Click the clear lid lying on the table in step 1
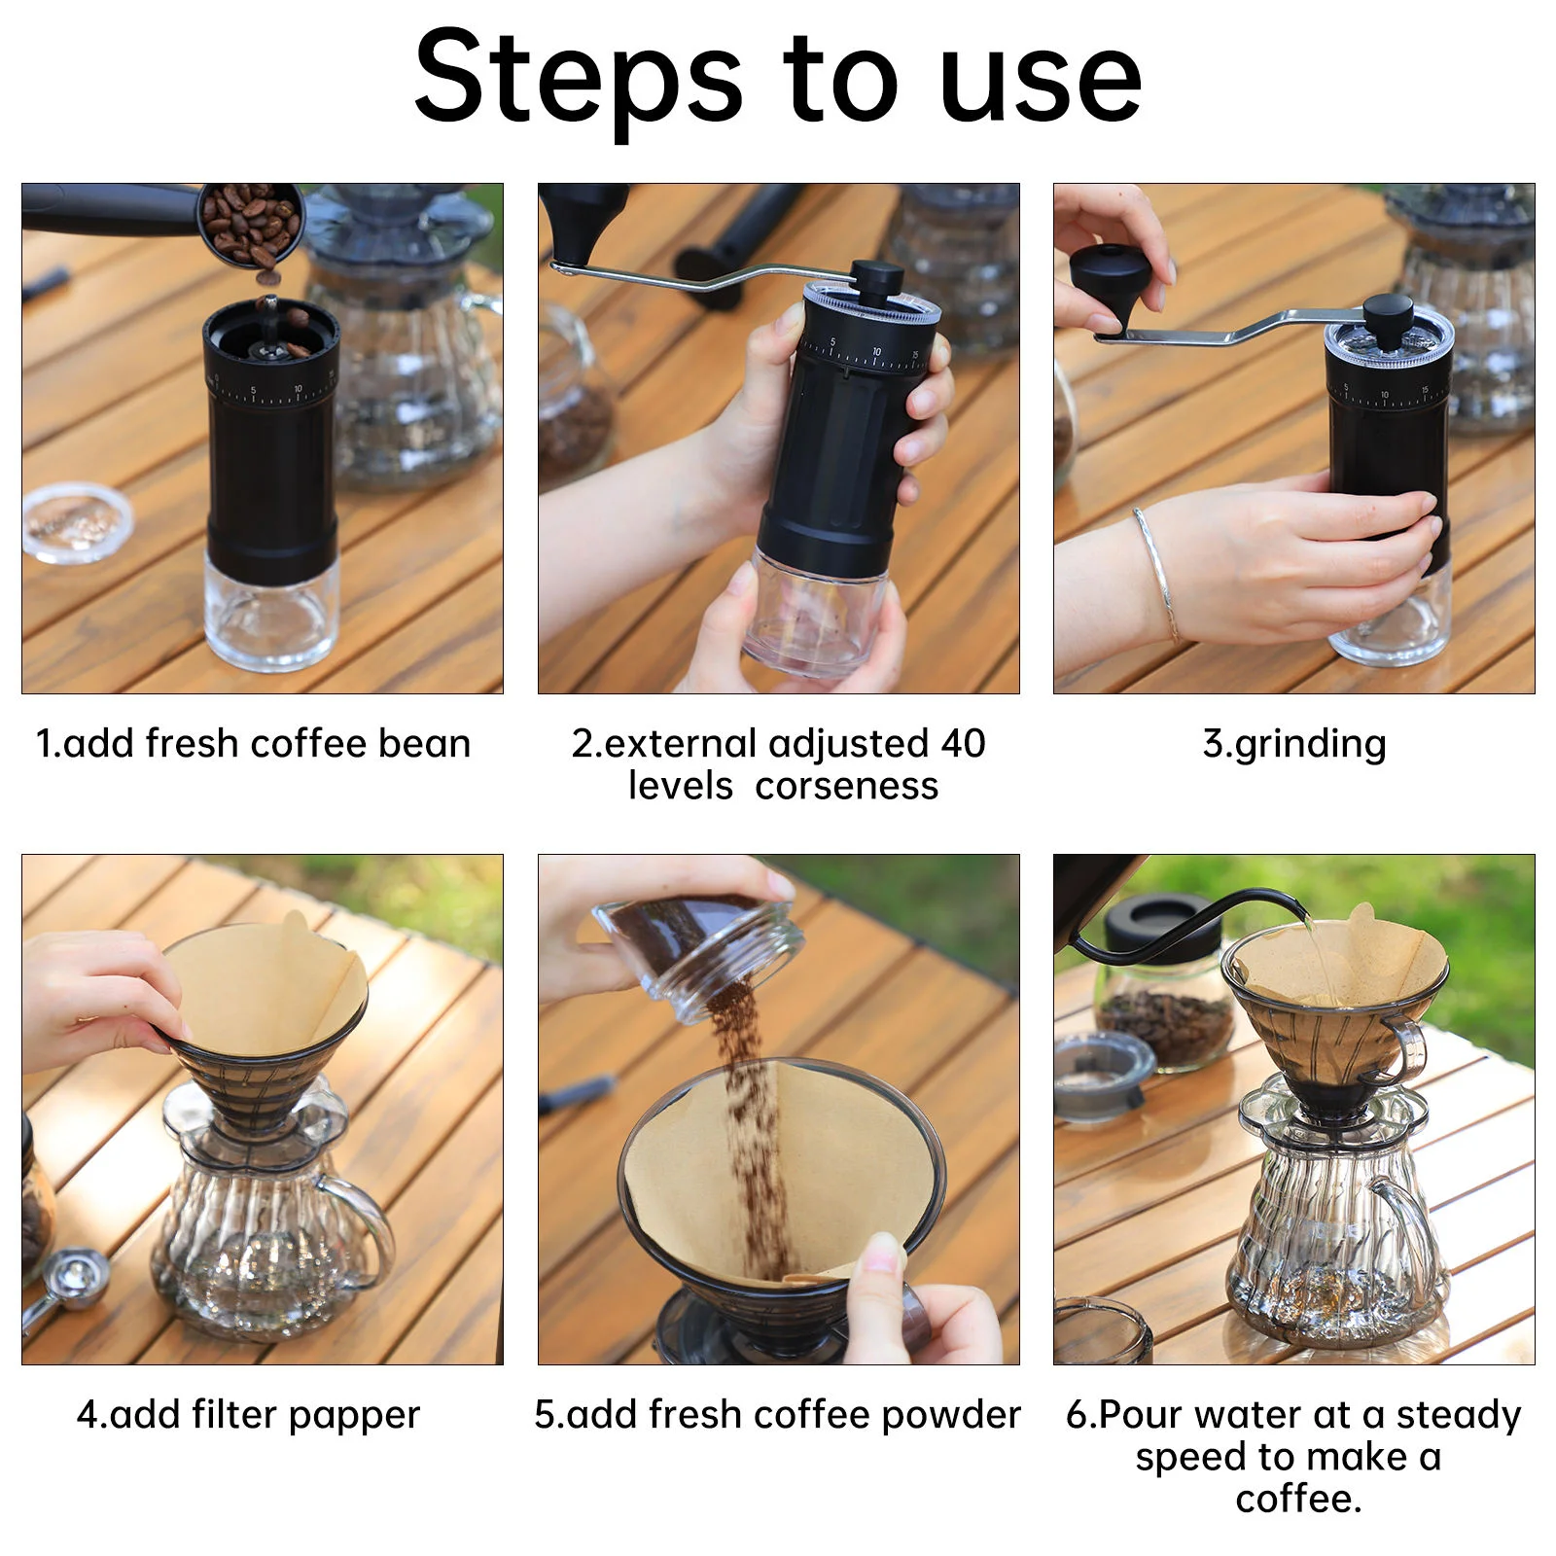click(77, 522)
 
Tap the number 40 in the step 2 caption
click(963, 744)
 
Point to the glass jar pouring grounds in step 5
click(698, 958)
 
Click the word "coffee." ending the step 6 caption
click(1298, 1499)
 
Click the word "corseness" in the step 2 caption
click(846, 786)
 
